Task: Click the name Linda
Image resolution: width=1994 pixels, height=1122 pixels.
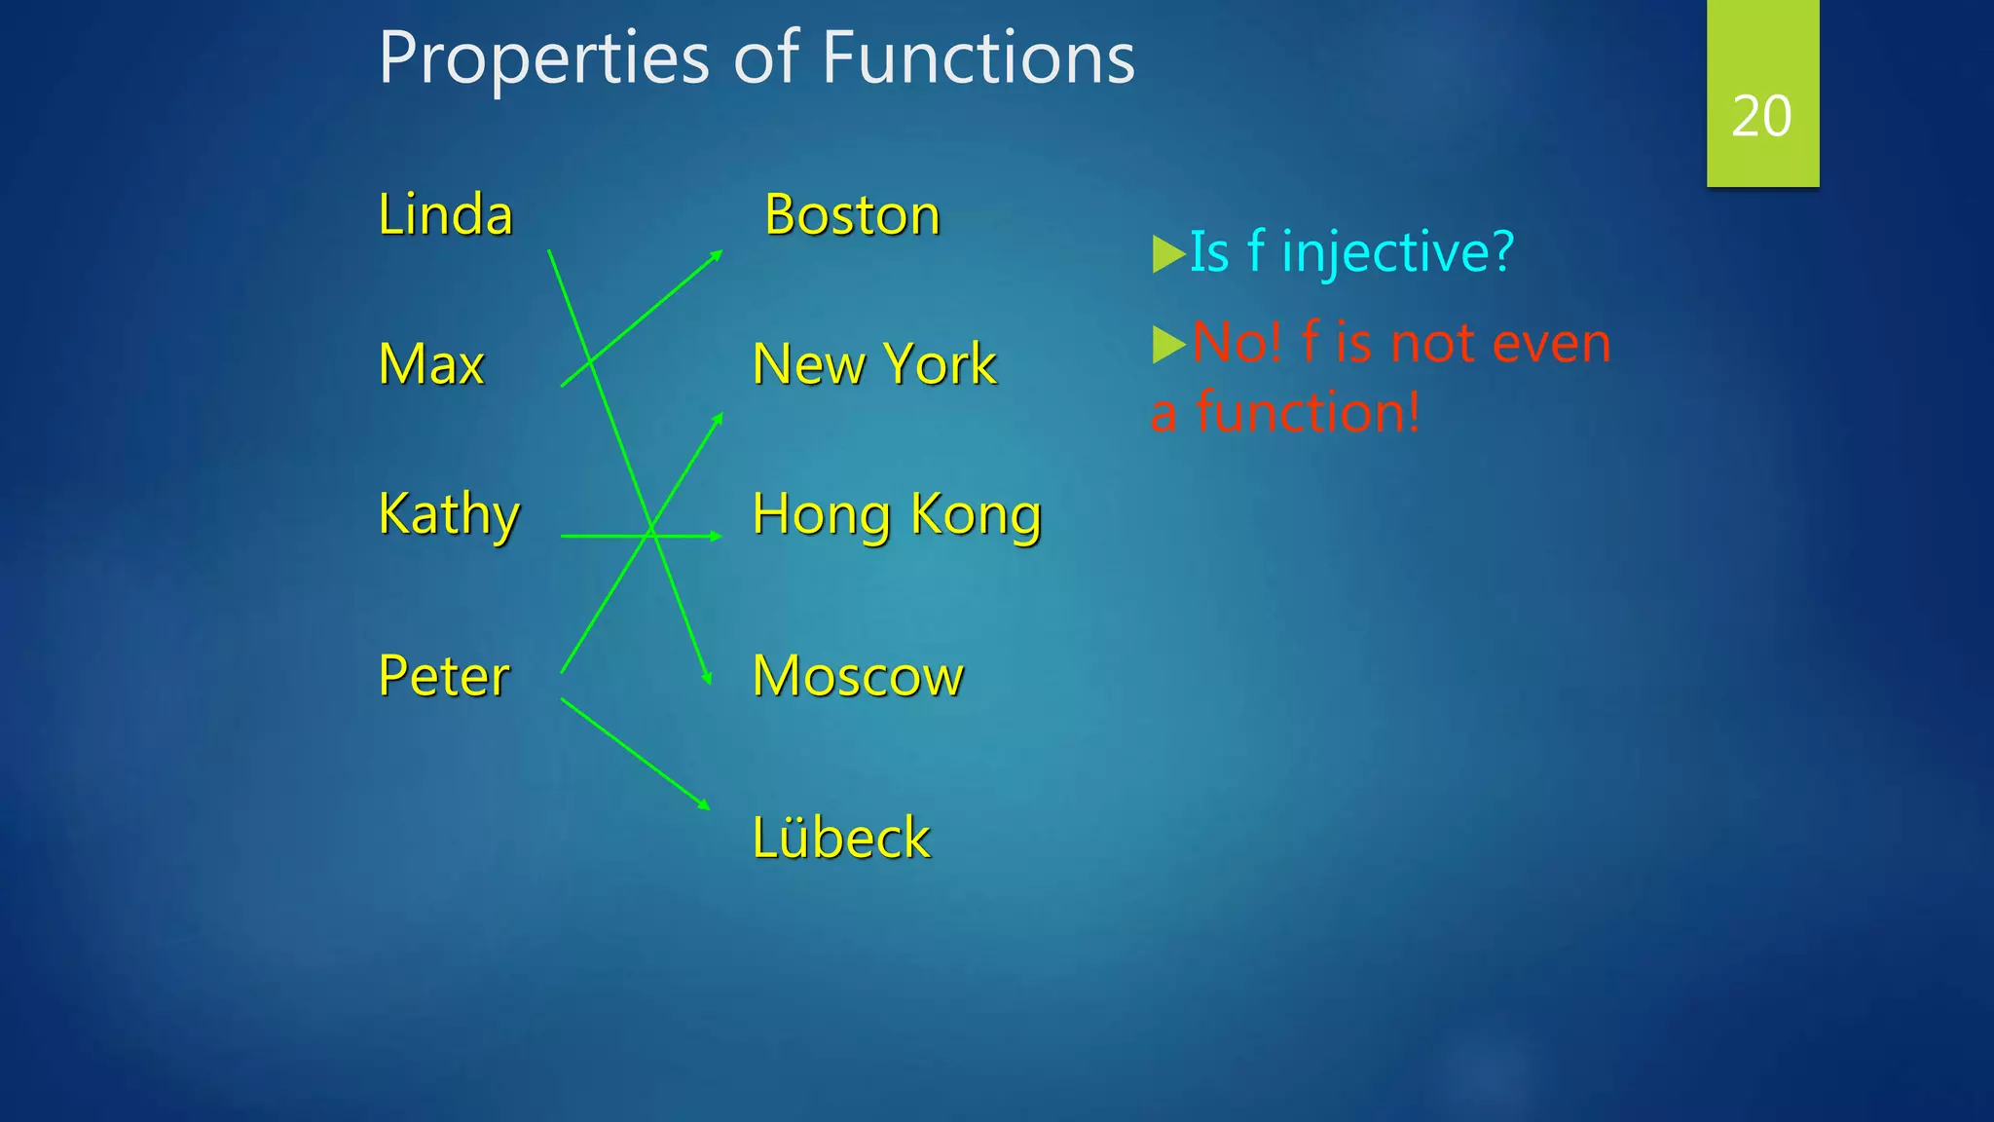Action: (x=445, y=214)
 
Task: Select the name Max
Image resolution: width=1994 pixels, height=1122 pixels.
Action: (x=430, y=364)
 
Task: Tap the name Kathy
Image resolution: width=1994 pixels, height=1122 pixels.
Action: (x=449, y=514)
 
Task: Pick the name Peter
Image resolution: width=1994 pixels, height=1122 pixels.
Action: (x=443, y=676)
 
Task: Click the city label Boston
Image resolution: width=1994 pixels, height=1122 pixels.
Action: (x=852, y=214)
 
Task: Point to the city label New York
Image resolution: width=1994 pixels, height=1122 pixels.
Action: (x=873, y=364)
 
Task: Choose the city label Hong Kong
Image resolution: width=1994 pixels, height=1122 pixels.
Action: (x=897, y=514)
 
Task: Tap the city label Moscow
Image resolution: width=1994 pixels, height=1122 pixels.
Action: (x=858, y=676)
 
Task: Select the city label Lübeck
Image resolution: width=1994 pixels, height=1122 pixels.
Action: (x=840, y=838)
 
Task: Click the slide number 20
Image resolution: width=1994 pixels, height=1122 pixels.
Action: (x=1761, y=116)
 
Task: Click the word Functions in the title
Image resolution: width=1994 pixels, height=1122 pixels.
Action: (x=978, y=57)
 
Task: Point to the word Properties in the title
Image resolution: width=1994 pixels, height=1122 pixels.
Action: (x=544, y=57)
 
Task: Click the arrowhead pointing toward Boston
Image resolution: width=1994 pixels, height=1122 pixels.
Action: (x=718, y=254)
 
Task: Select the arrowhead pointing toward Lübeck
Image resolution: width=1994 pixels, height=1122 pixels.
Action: (x=705, y=804)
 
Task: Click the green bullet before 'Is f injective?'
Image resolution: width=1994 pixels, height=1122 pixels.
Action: (x=1166, y=253)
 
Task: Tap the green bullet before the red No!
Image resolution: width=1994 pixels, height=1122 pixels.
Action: (x=1166, y=344)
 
